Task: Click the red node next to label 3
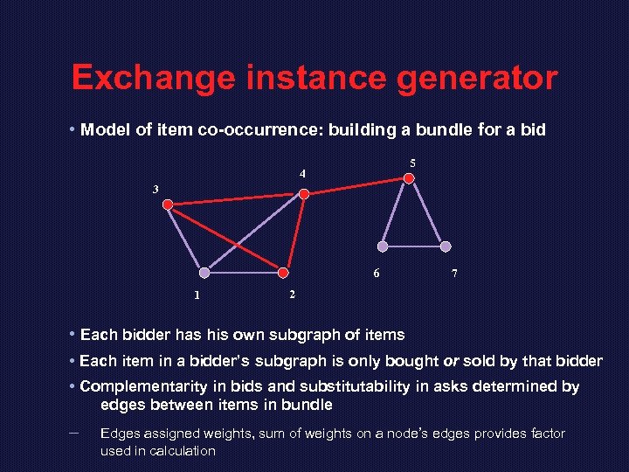pos(168,205)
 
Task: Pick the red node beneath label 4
pos(304,194)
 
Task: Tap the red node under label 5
pos(409,179)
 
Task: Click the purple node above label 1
pos(204,273)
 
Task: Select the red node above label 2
pos(283,272)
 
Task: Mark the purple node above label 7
pos(446,246)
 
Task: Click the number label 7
pos(454,274)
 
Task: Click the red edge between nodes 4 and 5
pos(356,187)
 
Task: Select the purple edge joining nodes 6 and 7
pos(414,246)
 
